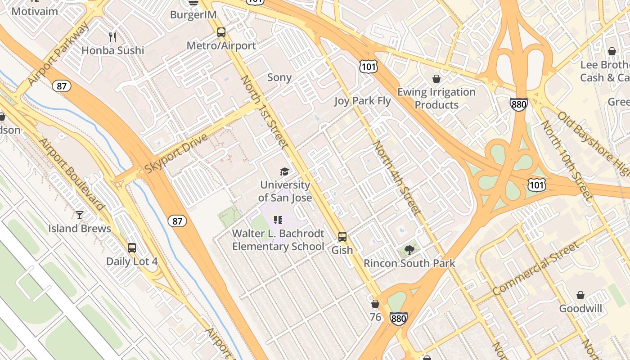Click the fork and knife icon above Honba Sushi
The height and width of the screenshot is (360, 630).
[112, 37]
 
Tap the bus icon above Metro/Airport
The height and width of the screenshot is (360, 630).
[221, 32]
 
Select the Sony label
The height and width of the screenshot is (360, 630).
[279, 77]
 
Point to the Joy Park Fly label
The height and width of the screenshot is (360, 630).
[362, 101]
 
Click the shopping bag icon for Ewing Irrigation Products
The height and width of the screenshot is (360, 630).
[436, 79]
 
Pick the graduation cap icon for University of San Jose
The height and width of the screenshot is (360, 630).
[284, 171]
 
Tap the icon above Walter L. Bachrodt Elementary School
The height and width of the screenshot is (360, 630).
[278, 220]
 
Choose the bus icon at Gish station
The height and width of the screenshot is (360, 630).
[342, 237]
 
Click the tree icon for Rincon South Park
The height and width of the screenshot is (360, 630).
[409, 250]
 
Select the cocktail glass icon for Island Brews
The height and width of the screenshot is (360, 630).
[80, 215]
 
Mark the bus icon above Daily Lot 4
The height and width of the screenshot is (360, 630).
[132, 248]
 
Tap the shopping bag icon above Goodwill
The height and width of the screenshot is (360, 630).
[580, 296]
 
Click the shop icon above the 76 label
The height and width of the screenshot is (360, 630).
[375, 304]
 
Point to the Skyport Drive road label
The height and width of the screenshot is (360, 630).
[176, 153]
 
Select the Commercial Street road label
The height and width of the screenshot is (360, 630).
[535, 269]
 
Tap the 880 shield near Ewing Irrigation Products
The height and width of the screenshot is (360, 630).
[518, 104]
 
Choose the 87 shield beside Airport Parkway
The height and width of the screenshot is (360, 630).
[62, 86]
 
